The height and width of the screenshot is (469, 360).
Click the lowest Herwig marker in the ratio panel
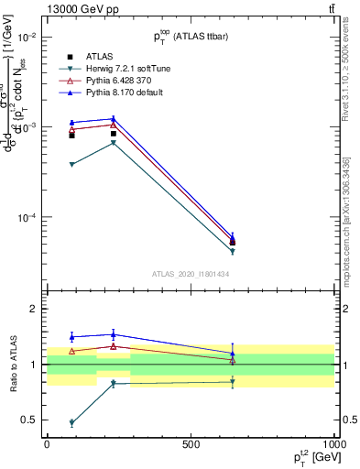click(71, 422)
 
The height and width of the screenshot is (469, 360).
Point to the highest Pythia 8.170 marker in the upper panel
click(113, 118)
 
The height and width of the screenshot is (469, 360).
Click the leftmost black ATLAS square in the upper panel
click(71, 135)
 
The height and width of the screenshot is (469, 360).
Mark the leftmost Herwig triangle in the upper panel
click(71, 164)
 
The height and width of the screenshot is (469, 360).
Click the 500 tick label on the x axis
click(191, 444)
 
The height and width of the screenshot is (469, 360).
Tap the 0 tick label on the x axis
click(47, 444)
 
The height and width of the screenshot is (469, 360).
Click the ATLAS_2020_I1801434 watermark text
click(190, 274)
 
